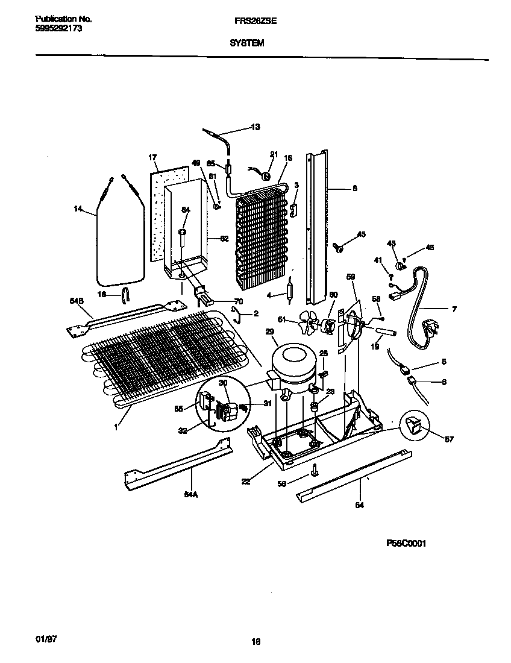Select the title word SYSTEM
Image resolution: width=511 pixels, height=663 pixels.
[246, 43]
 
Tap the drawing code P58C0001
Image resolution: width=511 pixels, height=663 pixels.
[407, 542]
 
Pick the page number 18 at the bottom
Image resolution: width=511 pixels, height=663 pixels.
[255, 642]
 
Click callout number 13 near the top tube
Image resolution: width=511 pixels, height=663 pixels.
[255, 127]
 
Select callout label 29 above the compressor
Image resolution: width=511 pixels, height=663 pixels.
[269, 331]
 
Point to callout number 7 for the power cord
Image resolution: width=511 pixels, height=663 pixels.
[453, 309]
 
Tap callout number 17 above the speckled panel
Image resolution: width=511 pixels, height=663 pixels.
[152, 158]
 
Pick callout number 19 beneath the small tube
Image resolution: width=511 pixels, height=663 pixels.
[374, 347]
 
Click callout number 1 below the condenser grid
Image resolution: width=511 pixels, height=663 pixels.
[116, 426]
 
